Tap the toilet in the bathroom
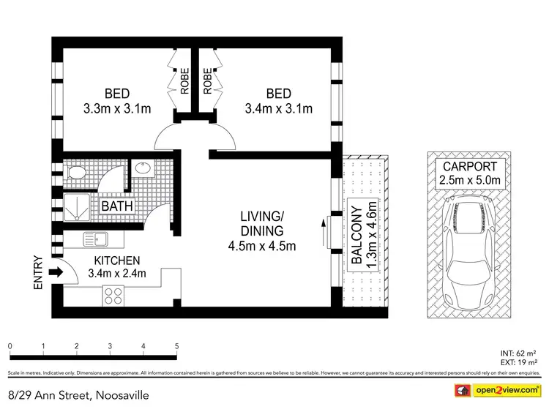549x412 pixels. point(75,173)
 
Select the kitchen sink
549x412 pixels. point(96,239)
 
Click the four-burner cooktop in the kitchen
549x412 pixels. point(114,295)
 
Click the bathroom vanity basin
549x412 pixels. point(142,168)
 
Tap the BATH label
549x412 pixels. point(117,206)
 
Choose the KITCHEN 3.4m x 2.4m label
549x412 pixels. point(117,267)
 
